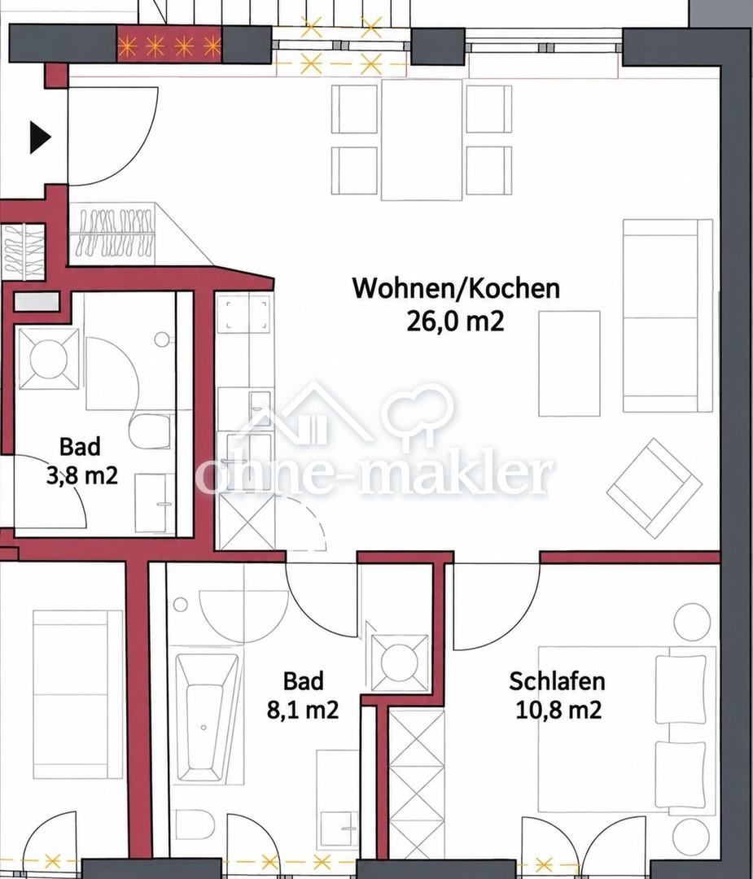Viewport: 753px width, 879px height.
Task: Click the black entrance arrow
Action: point(40,137)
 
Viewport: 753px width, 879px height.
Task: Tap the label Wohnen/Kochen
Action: point(456,288)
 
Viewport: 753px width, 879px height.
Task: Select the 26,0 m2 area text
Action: point(455,321)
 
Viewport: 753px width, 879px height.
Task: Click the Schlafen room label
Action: point(557,681)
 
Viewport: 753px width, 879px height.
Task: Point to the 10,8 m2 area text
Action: point(558,711)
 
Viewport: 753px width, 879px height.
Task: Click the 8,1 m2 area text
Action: point(303,711)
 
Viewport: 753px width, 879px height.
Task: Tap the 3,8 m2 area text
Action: point(82,476)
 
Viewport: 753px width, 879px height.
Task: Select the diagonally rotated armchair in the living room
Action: point(653,488)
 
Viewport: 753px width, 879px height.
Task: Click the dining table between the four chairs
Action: point(422,140)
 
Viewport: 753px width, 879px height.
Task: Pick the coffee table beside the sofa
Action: point(569,364)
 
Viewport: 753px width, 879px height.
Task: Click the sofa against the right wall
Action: point(668,316)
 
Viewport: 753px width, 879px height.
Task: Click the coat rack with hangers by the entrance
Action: point(115,232)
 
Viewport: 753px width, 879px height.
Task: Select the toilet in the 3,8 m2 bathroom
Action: point(150,431)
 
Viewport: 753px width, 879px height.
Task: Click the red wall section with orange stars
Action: point(169,46)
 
